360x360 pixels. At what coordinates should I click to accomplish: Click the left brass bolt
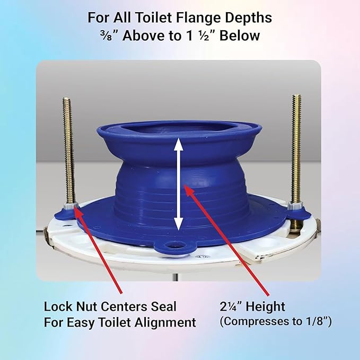click(x=67, y=148)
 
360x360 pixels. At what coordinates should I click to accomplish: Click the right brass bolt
click(x=296, y=148)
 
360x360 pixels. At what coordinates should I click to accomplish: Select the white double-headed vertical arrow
click(x=179, y=182)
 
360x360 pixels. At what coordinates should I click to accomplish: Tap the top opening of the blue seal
click(x=179, y=130)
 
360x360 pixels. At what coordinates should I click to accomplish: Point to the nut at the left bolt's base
click(x=69, y=206)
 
